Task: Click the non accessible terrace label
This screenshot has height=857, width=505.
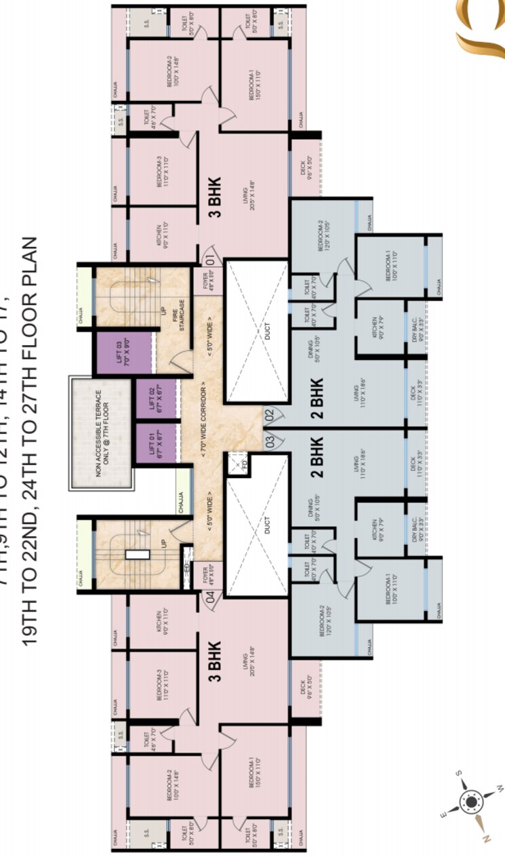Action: [x=102, y=434]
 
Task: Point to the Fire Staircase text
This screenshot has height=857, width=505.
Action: [x=178, y=311]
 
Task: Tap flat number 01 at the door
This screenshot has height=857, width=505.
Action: [x=210, y=259]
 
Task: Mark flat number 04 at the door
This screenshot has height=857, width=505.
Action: [x=210, y=597]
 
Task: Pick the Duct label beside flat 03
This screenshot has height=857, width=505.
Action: [x=267, y=525]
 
